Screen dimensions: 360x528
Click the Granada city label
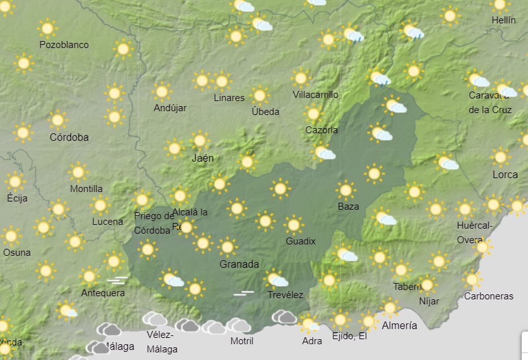point(239,264)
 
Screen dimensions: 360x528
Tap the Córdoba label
point(69,137)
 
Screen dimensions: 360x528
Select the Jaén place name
point(203,158)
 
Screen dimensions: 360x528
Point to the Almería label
point(399,326)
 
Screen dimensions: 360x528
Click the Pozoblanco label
point(64,45)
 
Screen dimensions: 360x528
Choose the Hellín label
point(503,20)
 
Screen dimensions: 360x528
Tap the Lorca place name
point(505,175)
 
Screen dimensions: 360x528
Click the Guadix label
point(301,241)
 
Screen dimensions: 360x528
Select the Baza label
point(348,207)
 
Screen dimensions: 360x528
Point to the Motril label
point(242,341)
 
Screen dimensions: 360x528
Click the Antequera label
point(103,293)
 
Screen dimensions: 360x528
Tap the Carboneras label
point(488,296)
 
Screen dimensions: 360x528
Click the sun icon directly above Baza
point(346,190)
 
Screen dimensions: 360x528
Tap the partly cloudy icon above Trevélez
point(276,279)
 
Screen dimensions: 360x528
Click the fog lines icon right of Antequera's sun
point(117,280)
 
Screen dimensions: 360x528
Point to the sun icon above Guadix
point(293,225)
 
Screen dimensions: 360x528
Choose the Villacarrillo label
point(315,95)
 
